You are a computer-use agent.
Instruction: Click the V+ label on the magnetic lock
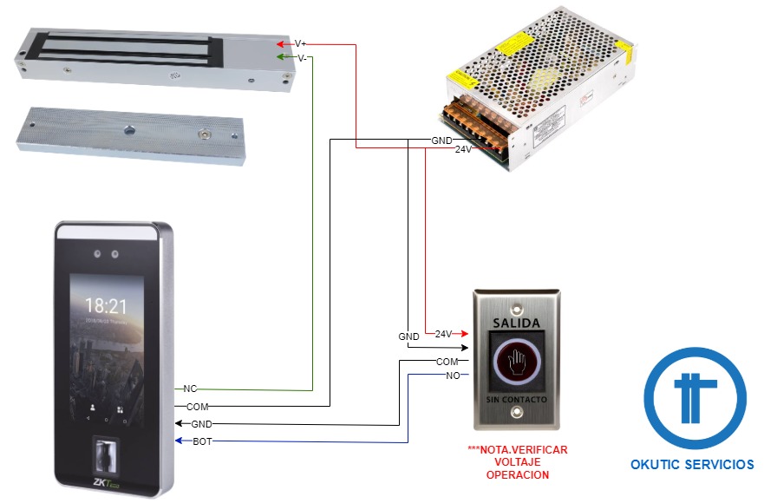pos(301,43)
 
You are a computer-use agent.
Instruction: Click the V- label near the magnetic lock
pos(301,58)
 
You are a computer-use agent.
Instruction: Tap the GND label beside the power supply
pos(441,140)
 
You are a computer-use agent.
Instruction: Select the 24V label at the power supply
pos(464,149)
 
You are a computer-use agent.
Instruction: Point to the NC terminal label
pos(191,389)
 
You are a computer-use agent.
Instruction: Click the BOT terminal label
pos(201,441)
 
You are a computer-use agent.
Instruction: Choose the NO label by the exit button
pos(453,375)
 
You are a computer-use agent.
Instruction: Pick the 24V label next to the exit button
pos(443,334)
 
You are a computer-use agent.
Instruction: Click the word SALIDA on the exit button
pos(516,323)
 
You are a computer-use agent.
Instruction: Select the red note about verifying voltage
pos(517,462)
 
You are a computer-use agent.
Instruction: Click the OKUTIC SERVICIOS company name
pos(692,465)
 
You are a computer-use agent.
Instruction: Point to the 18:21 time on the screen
pos(107,305)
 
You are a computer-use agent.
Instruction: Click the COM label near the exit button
pos(447,361)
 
